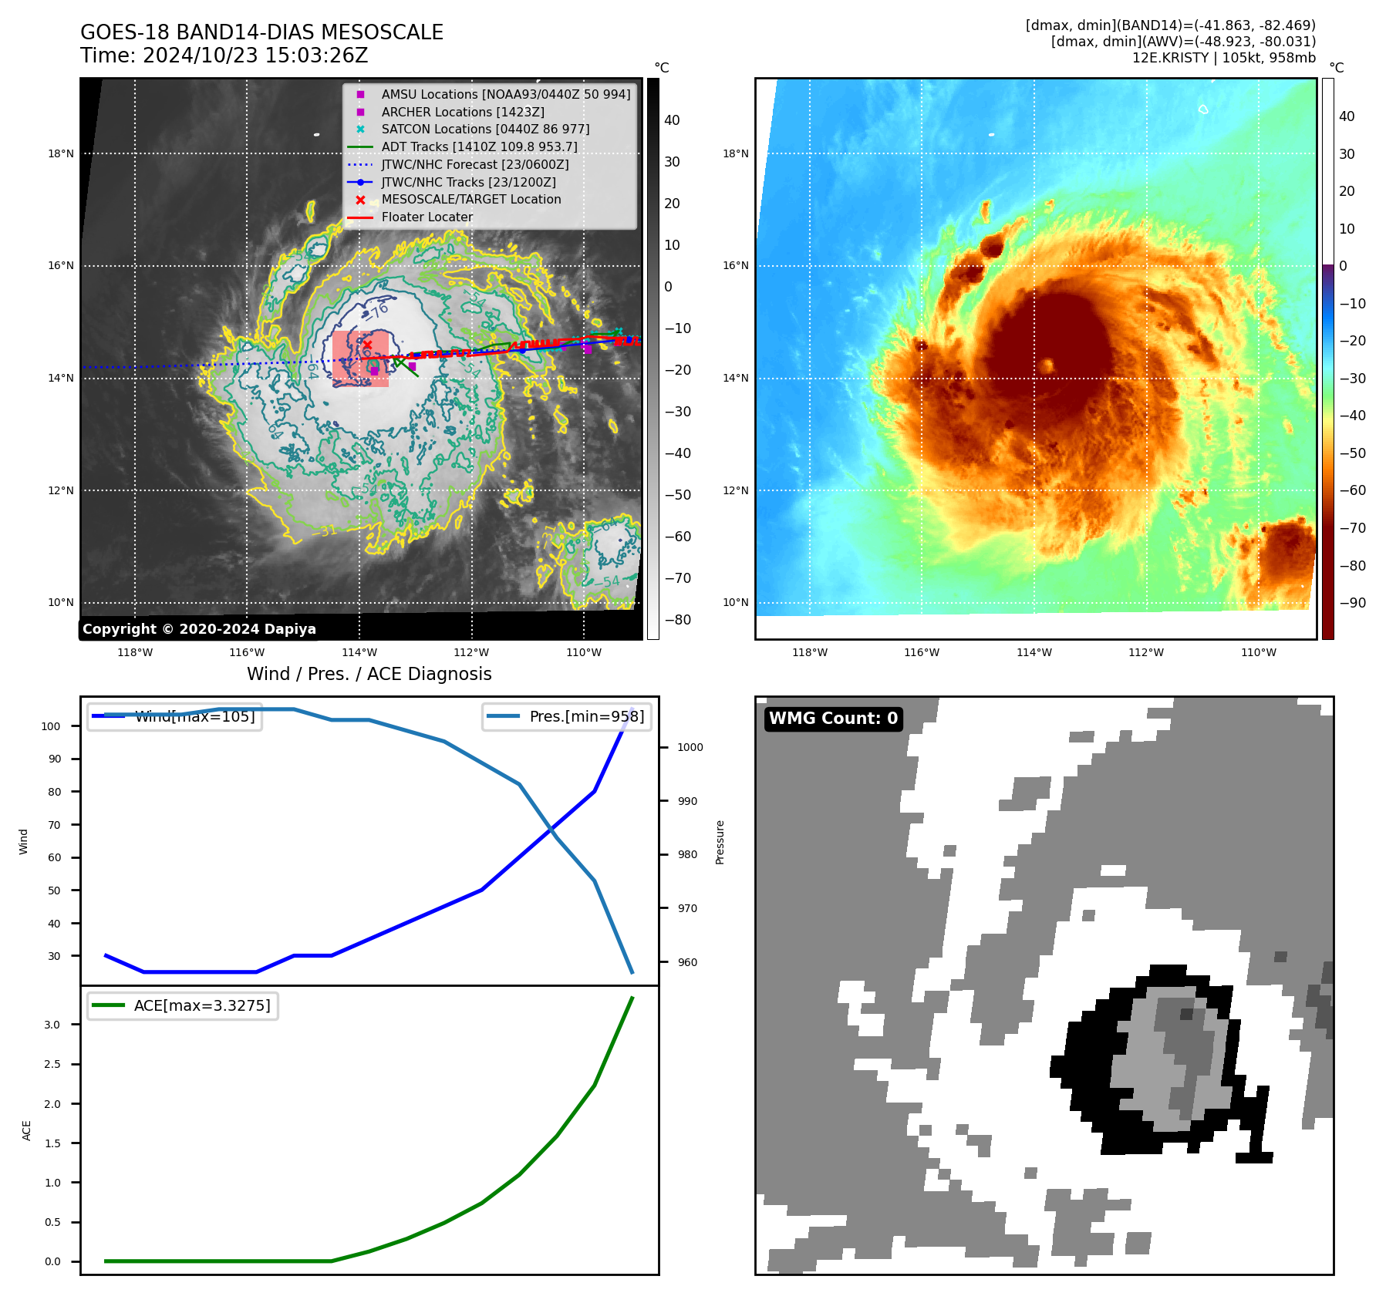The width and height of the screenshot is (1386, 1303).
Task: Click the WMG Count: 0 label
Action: pos(833,719)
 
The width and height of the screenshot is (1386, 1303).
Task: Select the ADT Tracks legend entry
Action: pos(479,146)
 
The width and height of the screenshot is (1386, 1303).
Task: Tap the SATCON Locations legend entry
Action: pos(485,129)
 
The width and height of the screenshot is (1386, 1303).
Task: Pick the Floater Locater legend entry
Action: pos(427,217)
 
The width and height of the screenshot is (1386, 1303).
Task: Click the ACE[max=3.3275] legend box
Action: pos(183,1005)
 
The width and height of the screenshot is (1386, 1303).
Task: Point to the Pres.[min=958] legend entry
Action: pos(567,716)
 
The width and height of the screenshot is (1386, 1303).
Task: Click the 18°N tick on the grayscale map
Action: pos(61,153)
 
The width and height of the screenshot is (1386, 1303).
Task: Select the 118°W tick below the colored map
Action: pos(810,652)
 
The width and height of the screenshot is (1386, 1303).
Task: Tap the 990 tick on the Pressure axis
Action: pos(687,801)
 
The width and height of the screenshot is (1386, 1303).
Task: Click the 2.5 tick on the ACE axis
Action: pos(52,1064)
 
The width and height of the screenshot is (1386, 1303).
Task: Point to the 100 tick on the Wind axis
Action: pos(51,726)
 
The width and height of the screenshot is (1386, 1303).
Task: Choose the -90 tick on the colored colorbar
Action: pos(1352,603)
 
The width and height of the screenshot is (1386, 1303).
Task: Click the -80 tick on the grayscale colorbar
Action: pos(678,620)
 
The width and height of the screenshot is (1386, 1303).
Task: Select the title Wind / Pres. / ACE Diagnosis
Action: pos(369,674)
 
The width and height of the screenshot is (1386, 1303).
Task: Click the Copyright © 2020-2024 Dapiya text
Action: pos(199,629)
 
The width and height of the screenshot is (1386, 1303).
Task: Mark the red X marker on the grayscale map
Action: pos(367,345)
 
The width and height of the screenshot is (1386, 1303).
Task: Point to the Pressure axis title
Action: pos(720,842)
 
